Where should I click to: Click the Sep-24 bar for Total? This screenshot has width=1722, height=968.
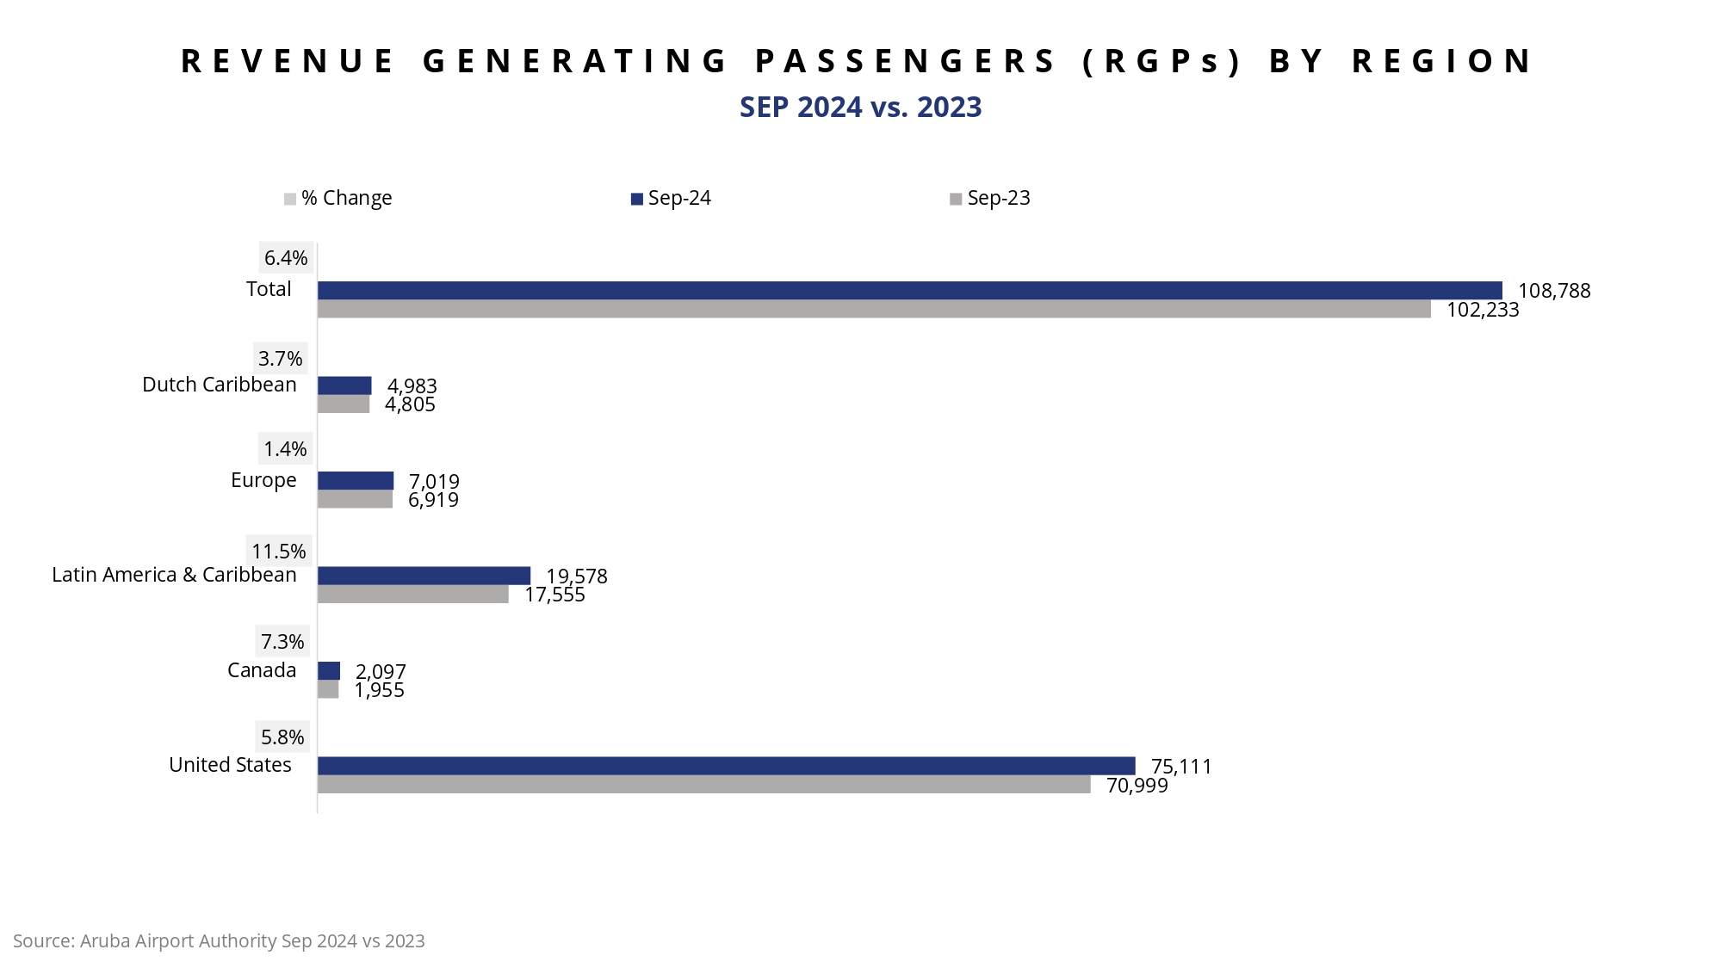pyautogui.click(x=909, y=291)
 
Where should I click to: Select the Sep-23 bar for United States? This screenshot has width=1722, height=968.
pyautogui.click(x=703, y=785)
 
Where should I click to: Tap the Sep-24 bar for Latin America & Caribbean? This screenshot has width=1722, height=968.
pyautogui.click(x=424, y=576)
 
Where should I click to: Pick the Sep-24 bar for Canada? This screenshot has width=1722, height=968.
pyautogui.click(x=329, y=671)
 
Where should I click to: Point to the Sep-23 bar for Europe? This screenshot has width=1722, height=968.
pyautogui.click(x=355, y=500)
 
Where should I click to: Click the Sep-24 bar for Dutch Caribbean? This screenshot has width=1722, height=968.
pyautogui.click(x=344, y=385)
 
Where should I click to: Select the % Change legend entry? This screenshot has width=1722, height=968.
pyautogui.click(x=338, y=199)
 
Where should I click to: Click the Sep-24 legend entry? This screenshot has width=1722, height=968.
pyautogui.click(x=672, y=199)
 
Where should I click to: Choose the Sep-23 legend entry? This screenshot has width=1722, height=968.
pyautogui.click(x=990, y=199)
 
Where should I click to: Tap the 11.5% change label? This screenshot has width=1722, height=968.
pyautogui.click(x=278, y=552)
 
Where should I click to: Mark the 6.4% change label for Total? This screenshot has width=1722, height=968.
pyautogui.click(x=286, y=258)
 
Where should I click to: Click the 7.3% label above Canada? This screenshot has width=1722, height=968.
pyautogui.click(x=282, y=642)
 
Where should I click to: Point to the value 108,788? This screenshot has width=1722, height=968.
pyautogui.click(x=1554, y=291)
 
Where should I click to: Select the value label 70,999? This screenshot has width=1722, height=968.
pyautogui.click(x=1137, y=786)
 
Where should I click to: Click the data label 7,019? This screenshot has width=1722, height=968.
pyautogui.click(x=434, y=481)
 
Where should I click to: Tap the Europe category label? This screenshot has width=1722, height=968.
pyautogui.click(x=263, y=480)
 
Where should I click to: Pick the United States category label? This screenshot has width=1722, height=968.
pyautogui.click(x=230, y=765)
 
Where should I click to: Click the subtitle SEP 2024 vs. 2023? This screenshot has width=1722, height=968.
pyautogui.click(x=860, y=108)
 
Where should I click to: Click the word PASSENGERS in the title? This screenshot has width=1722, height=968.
pyautogui.click(x=906, y=61)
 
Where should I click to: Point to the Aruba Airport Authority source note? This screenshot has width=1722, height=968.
pyautogui.click(x=219, y=941)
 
